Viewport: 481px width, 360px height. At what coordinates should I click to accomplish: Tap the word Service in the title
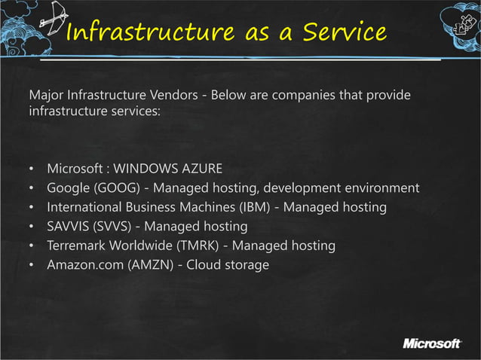[345, 33]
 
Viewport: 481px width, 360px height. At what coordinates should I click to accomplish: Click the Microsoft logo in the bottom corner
[431, 344]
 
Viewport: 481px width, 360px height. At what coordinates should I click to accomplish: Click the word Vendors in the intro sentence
[176, 97]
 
